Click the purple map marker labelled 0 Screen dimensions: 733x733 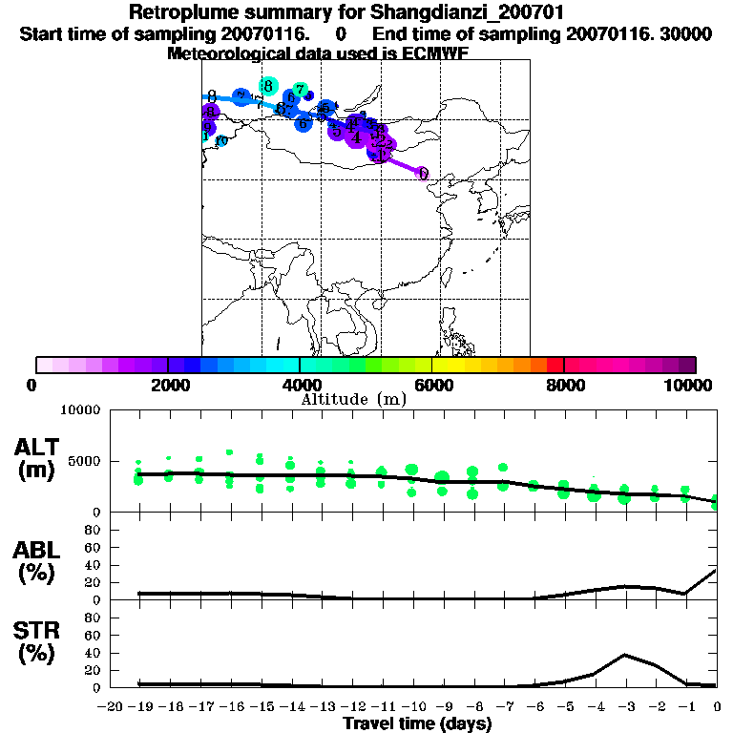coord(422,174)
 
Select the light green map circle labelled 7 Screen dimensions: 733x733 coord(300,90)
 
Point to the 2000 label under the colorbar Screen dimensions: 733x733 coord(168,385)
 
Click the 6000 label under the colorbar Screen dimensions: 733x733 coord(431,385)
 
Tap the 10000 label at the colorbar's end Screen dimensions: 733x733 coord(690,385)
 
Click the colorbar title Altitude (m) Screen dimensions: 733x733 coord(353,399)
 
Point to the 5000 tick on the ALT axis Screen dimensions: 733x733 coord(84,461)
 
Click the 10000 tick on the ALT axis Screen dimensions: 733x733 coord(80,411)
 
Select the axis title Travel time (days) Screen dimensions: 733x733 coord(417,723)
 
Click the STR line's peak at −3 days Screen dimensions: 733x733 coord(625,655)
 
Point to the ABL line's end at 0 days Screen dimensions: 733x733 coord(717,571)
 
